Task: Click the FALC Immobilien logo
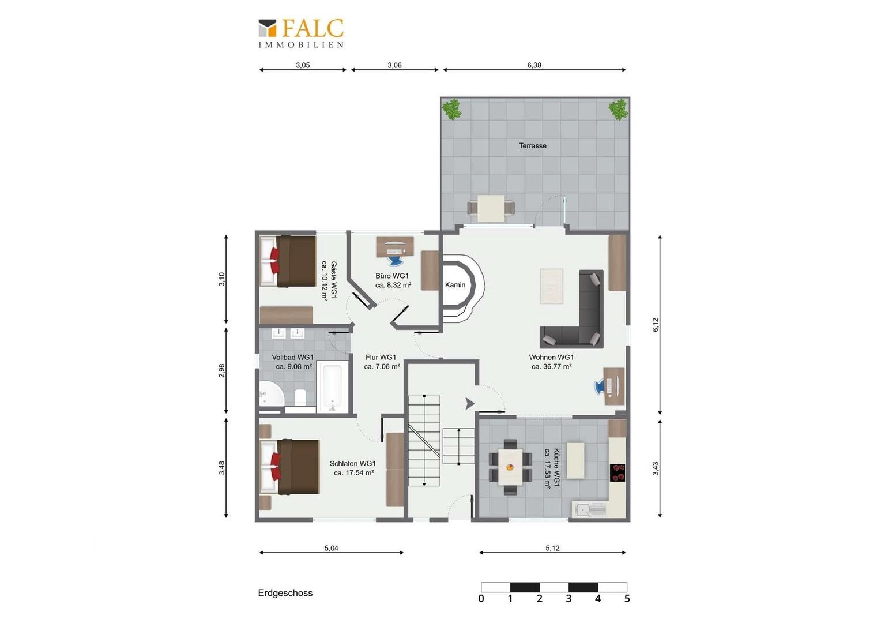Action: (x=301, y=33)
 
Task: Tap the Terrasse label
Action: (x=533, y=145)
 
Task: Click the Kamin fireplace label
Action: (x=455, y=284)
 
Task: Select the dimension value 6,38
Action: (x=534, y=65)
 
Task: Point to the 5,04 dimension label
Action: (x=331, y=548)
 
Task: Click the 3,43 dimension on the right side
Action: (x=655, y=468)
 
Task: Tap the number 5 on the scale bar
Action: (x=627, y=599)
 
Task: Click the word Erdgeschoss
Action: (x=285, y=593)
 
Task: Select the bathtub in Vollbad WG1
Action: (x=332, y=387)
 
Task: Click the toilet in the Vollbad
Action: (x=300, y=397)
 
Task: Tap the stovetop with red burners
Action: (x=618, y=472)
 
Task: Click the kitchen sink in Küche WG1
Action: (x=589, y=510)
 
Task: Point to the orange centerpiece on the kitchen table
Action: (x=509, y=468)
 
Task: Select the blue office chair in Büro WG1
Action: (x=395, y=261)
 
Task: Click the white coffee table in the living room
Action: (x=551, y=286)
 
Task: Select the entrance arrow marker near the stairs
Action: (x=470, y=404)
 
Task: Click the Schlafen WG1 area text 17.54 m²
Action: (x=353, y=472)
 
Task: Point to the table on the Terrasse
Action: (x=491, y=208)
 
